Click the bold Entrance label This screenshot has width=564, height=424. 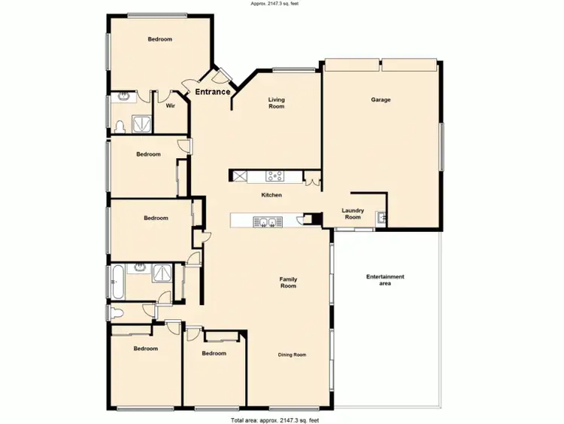click(213, 92)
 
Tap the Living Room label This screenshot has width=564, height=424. click(277, 103)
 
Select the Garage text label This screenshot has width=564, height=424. click(381, 99)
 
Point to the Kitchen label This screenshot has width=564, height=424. click(271, 195)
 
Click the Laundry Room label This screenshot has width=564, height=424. click(353, 214)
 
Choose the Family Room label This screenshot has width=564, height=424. click(289, 282)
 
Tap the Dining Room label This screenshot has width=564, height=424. click(293, 355)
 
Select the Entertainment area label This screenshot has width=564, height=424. click(385, 280)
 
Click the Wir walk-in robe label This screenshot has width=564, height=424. click(170, 105)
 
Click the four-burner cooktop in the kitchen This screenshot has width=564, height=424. click(274, 176)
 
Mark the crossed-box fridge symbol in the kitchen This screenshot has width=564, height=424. click(240, 176)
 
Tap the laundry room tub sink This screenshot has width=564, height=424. click(381, 218)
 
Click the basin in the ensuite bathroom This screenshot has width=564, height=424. click(123, 97)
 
